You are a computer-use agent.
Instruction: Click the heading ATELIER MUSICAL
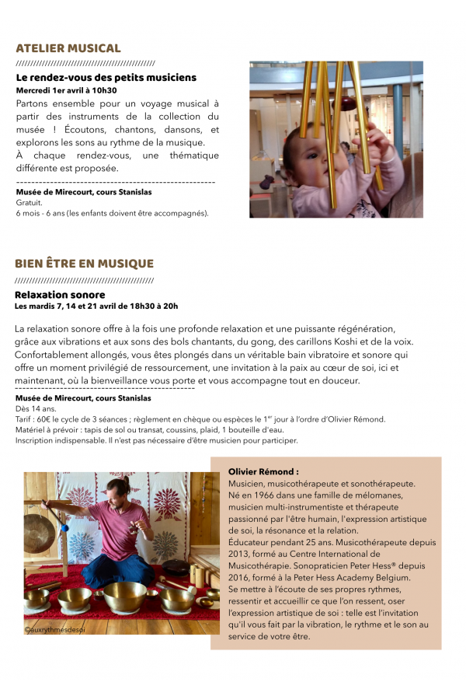click(x=68, y=48)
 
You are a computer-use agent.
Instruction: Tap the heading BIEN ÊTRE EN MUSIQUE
click(x=84, y=264)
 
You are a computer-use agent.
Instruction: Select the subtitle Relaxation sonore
click(x=60, y=295)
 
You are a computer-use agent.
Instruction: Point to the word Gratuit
click(x=29, y=202)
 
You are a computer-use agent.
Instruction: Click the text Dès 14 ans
click(x=36, y=408)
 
